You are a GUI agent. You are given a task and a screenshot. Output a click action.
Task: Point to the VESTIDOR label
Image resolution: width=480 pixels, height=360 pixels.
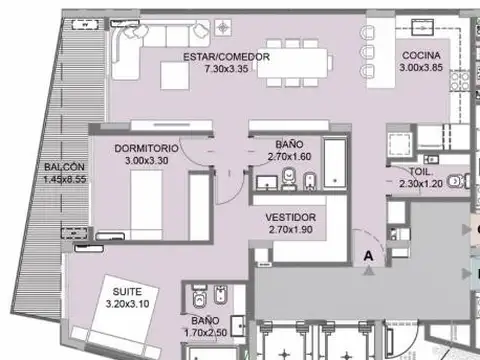pos(292,217)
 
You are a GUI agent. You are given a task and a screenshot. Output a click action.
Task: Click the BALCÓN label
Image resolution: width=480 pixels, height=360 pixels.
pos(64,167)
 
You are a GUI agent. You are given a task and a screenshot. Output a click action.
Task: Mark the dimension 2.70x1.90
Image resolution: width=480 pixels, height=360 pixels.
pos(292,230)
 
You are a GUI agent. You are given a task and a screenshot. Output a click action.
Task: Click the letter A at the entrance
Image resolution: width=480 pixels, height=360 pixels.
pos(369,256)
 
